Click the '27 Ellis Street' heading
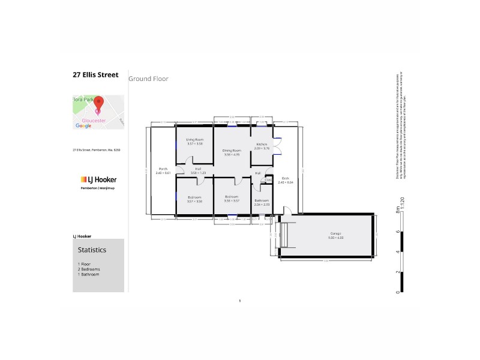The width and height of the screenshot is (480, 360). tap(95, 75)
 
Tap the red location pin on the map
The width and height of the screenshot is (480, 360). tap(98, 104)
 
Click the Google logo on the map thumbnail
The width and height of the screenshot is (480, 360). tap(83, 126)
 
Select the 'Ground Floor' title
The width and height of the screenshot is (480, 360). tap(148, 79)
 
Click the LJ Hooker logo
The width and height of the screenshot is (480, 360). tap(98, 179)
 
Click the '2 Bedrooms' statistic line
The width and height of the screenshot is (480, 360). tap(89, 269)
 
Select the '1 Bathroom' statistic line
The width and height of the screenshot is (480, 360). tap(88, 274)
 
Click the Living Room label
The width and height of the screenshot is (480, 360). tap(194, 142)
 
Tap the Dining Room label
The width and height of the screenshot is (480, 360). tap(232, 152)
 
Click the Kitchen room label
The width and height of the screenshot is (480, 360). tap(262, 145)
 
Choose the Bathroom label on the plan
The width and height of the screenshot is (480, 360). tap(262, 202)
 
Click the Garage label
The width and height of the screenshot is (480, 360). tap(328, 235)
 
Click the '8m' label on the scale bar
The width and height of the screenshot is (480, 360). tap(397, 211)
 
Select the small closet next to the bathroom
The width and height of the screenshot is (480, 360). tap(269, 179)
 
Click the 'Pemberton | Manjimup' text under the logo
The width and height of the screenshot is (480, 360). tap(98, 188)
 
